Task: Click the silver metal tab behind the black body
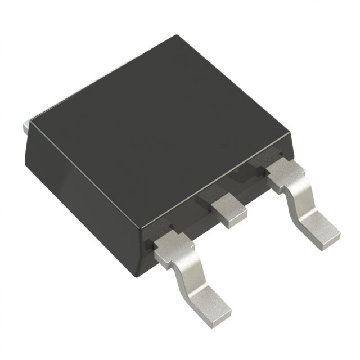(x=24, y=127)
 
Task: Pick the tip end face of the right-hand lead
(x=329, y=238)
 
